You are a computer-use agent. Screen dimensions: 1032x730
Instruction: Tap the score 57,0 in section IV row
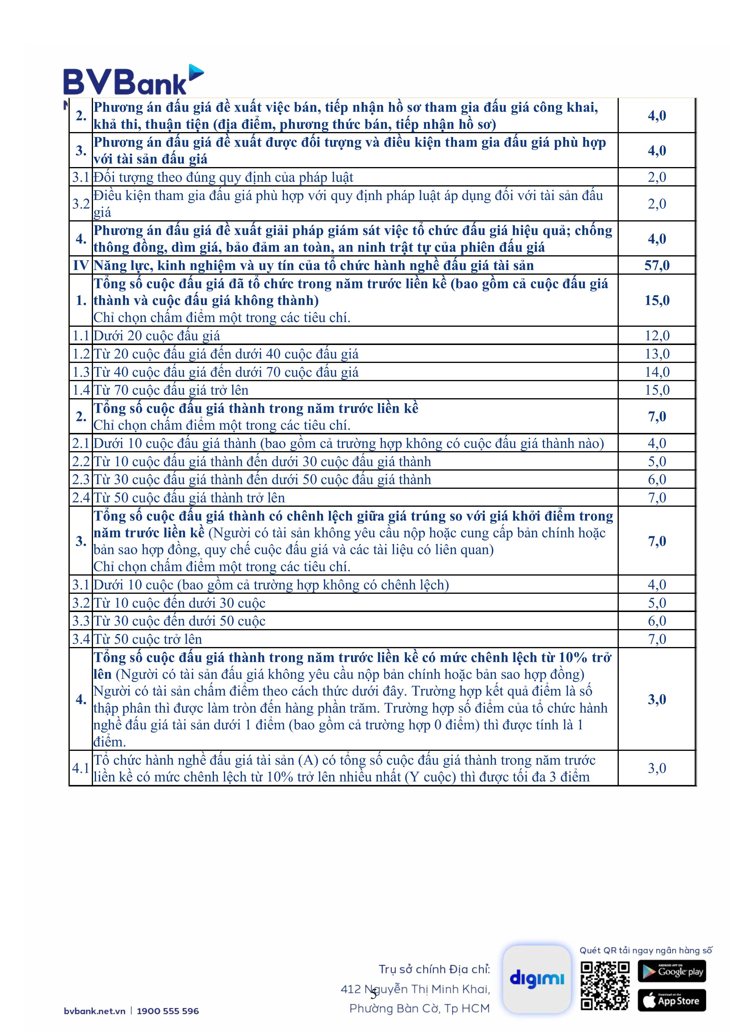pyautogui.click(x=657, y=265)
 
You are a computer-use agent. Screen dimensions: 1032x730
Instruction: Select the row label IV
pyautogui.click(x=81, y=265)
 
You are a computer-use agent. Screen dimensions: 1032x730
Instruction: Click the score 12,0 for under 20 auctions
pyautogui.click(x=657, y=336)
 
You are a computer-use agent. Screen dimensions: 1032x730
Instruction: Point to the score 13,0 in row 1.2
pyautogui.click(x=657, y=354)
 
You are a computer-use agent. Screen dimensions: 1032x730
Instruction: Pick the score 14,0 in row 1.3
pyautogui.click(x=657, y=372)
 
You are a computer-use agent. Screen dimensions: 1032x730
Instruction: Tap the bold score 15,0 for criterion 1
pyautogui.click(x=657, y=300)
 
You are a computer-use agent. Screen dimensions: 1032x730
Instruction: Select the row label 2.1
pyautogui.click(x=81, y=444)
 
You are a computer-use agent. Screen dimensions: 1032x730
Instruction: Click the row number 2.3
pyautogui.click(x=81, y=480)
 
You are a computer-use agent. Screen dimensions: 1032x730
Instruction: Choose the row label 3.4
pyautogui.click(x=81, y=639)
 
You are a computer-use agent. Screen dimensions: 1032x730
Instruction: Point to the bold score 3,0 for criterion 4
pyautogui.click(x=657, y=699)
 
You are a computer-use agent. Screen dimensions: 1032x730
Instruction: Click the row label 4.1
pyautogui.click(x=81, y=768)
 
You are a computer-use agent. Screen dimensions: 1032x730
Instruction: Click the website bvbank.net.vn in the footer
pyautogui.click(x=94, y=1011)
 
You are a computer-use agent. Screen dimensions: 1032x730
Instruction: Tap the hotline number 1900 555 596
pyautogui.click(x=168, y=1011)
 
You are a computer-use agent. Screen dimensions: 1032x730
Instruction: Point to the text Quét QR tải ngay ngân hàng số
pyautogui.click(x=646, y=950)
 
